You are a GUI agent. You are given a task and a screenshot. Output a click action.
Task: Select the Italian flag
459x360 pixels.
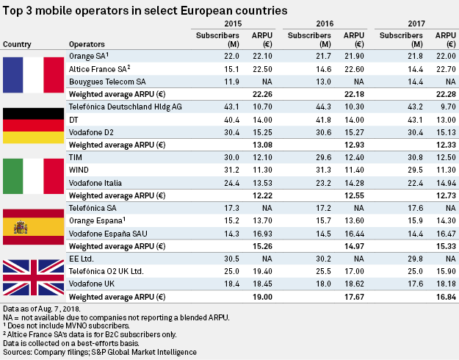click(33, 176)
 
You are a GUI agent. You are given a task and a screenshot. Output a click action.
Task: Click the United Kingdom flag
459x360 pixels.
click(33, 276)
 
